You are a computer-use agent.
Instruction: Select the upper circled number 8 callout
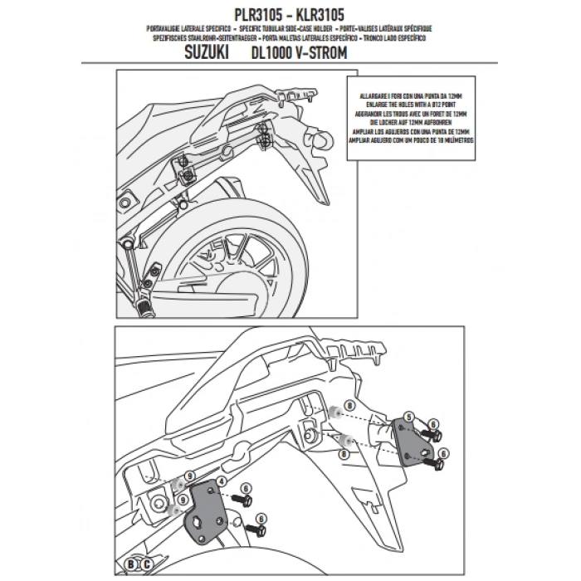(350, 403)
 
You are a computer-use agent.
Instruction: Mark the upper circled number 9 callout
(190, 476)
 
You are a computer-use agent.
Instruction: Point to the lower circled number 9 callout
(171, 501)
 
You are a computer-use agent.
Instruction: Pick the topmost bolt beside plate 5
(432, 432)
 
